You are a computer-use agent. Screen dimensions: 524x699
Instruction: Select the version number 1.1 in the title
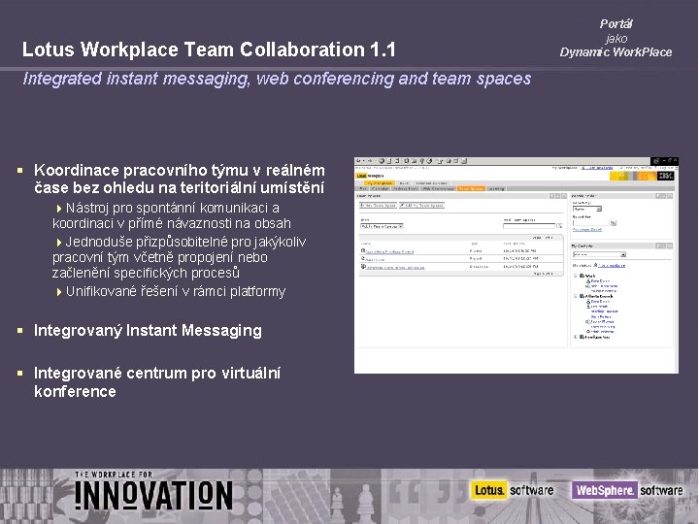point(382,49)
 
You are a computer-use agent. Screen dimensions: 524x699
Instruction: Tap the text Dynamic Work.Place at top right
point(616,52)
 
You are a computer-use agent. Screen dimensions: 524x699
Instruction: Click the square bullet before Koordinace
point(21,167)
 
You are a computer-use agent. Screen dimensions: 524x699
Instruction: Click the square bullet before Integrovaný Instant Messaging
point(21,331)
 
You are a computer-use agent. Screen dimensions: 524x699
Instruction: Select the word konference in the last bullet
point(75,391)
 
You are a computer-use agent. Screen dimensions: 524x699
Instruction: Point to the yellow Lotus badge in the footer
point(490,490)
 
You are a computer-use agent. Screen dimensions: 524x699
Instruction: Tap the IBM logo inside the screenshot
point(666,176)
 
